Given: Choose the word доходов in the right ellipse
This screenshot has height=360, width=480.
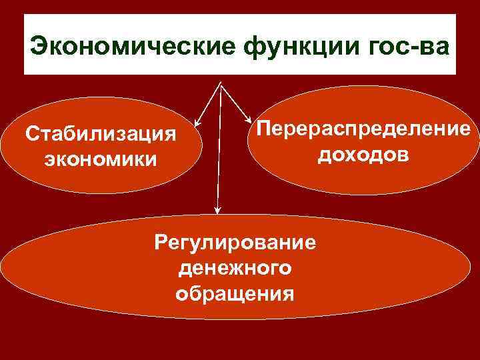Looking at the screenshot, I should coord(363,155).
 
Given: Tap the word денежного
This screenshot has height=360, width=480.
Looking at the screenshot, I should coord(235,267).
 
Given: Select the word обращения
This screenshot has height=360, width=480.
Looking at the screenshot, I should coord(235,293).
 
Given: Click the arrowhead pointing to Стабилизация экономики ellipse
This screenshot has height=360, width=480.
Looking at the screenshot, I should coord(196,124).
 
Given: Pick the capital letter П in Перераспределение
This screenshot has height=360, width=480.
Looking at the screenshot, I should coord(256,129).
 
